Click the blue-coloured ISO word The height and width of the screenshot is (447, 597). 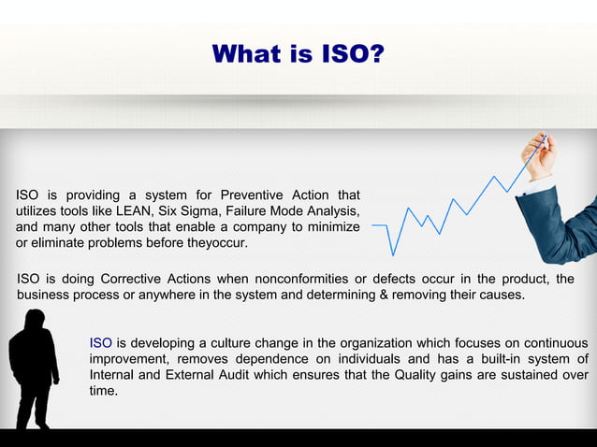pos(100,342)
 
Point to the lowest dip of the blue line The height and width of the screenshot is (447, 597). pos(393,254)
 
